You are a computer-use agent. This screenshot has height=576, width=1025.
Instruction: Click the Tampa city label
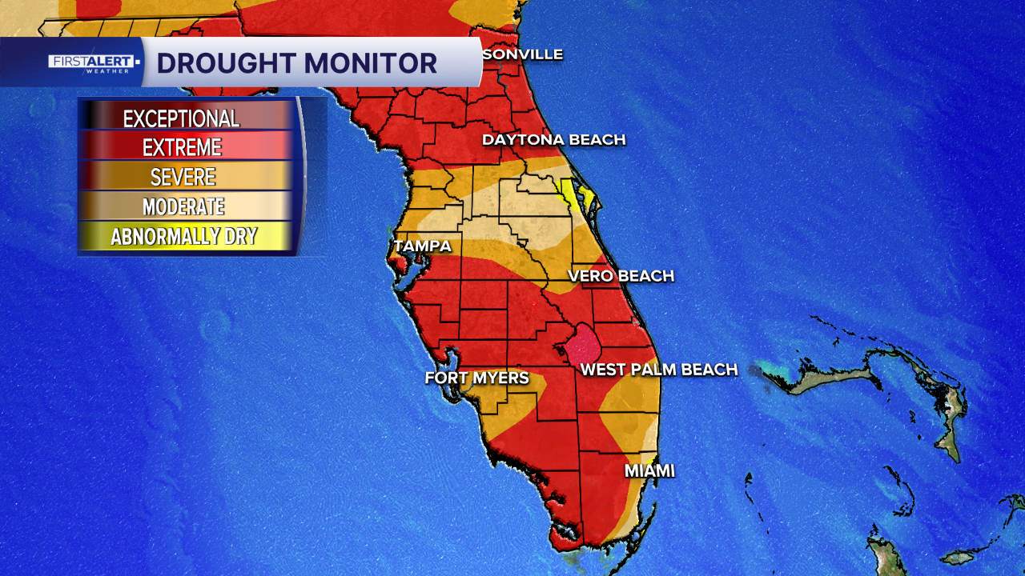pos(422,246)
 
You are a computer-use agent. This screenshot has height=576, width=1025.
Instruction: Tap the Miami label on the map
pos(649,471)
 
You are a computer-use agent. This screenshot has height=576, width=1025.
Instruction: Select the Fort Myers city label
pos(476,378)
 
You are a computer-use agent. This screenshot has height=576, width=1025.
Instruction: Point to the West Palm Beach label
pos(658,370)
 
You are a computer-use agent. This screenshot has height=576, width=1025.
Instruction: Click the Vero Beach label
pos(621,276)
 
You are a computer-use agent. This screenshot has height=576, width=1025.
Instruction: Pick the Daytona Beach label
pos(553,140)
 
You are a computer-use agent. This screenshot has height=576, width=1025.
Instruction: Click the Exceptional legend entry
pos(182,118)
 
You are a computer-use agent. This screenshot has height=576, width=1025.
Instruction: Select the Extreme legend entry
pos(182,148)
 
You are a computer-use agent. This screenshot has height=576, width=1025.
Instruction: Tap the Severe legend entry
pos(182,177)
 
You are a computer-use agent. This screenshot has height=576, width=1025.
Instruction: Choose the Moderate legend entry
pos(183,206)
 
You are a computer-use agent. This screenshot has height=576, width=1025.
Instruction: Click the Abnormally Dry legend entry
pos(184,236)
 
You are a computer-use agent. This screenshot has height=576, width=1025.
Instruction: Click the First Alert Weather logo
pos(92,62)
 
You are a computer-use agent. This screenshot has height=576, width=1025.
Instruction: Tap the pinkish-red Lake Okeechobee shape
pos(584,345)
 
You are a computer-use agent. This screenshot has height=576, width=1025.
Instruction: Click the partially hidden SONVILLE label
pos(522,54)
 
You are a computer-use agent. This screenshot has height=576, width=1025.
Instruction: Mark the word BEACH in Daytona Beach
pos(593,140)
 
